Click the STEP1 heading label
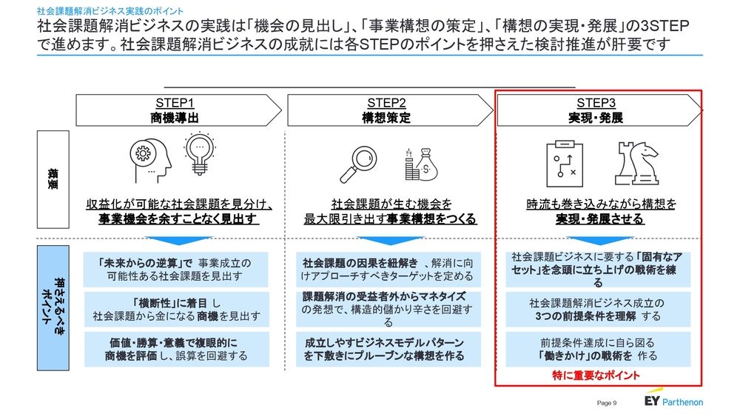pyautogui.click(x=175, y=103)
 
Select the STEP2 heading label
pyautogui.click(x=386, y=103)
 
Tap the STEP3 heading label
pyautogui.click(x=596, y=103)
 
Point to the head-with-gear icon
pyautogui.click(x=150, y=160)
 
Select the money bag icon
pyautogui.click(x=422, y=164)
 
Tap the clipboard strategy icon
pyautogui.click(x=564, y=164)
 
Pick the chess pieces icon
pyautogui.click(x=636, y=164)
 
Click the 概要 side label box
pyautogui.click(x=53, y=179)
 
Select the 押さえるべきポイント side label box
pyautogui.click(x=53, y=308)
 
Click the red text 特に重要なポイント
pyautogui.click(x=596, y=376)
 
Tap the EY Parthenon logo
pyautogui.click(x=673, y=400)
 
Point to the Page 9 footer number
pyautogui.click(x=607, y=403)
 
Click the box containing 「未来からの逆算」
pyautogui.click(x=176, y=270)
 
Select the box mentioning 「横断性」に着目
pyautogui.click(x=176, y=310)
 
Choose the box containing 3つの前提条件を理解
pyautogui.click(x=598, y=310)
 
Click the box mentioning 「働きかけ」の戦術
pyautogui.click(x=598, y=350)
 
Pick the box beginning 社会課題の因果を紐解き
pyautogui.click(x=388, y=270)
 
